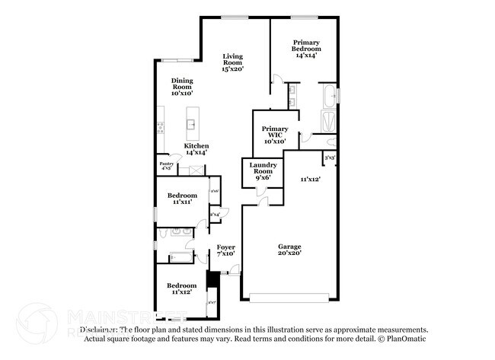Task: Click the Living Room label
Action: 232,62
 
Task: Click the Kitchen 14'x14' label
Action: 196,149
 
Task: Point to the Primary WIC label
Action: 274,135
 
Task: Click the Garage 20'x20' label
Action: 289,250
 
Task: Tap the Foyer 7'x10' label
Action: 225,250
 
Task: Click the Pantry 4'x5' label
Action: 166,165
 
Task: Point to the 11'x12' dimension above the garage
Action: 309,179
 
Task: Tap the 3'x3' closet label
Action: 330,158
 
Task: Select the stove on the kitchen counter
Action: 160,127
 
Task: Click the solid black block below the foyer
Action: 212,278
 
